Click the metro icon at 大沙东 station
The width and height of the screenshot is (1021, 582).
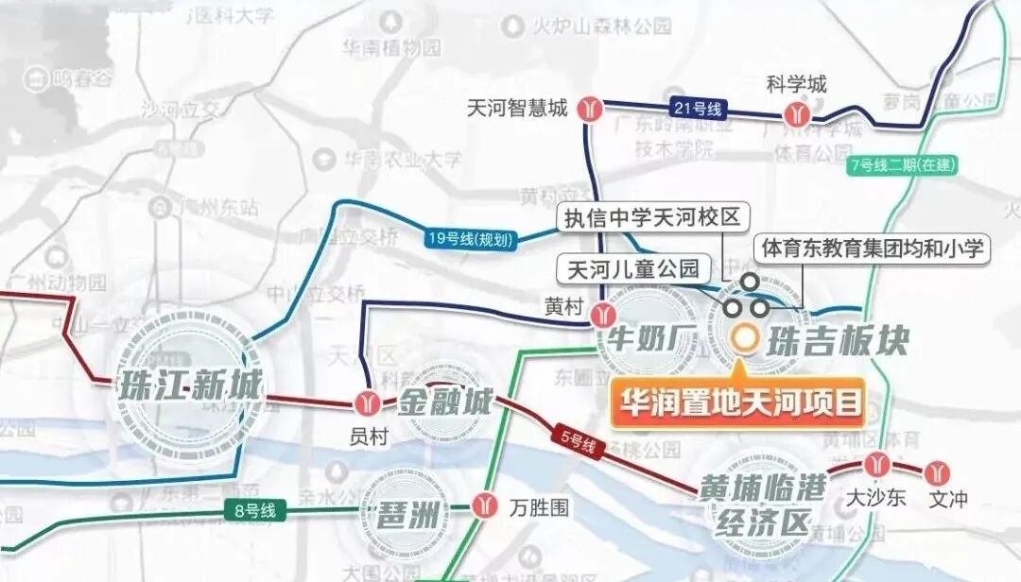876,464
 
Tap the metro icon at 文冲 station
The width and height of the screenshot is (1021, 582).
939,470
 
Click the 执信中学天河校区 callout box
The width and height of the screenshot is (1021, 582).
651,217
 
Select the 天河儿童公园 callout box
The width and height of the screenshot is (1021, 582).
632,270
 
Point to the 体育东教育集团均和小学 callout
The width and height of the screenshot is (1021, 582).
871,249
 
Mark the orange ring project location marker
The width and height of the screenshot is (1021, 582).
746,335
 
